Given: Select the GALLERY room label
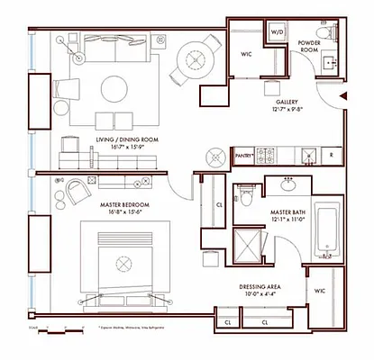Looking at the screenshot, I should (x=274, y=81).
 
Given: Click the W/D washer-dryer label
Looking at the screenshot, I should (x=277, y=31).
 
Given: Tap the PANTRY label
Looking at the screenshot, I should (x=242, y=156).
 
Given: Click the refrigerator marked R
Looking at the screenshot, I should (x=331, y=156).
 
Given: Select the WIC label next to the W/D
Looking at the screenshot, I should (x=246, y=54).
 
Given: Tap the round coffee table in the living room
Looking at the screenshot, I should (x=114, y=88).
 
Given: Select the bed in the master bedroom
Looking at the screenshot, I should (x=121, y=262).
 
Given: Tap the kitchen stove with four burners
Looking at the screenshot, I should (x=268, y=156).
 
